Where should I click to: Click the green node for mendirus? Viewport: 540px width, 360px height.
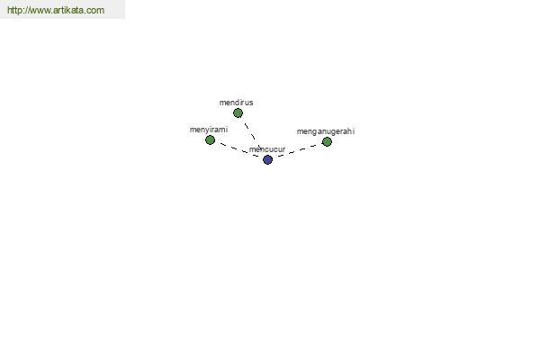coord(238,113)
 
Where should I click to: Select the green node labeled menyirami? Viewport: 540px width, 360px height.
coord(210,139)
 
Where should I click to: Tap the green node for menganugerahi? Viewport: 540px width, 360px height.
coord(327,141)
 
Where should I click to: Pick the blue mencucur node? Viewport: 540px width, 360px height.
coord(267,159)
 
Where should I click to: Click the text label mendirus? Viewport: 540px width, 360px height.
coord(236,103)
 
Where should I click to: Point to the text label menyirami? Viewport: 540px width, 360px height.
coord(209,130)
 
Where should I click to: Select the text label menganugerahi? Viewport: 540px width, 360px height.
coord(326,131)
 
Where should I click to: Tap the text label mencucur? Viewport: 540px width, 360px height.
coord(267,149)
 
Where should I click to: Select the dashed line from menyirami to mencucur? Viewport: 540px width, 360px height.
coord(238,149)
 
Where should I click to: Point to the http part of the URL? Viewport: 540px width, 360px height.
coord(14,10)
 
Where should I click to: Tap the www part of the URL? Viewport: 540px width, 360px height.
coord(39,11)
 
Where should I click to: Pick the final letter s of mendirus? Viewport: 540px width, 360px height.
coord(251,103)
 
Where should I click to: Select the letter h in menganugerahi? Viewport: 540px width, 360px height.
coord(348,131)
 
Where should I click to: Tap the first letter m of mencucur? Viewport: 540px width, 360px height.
coord(252,150)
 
